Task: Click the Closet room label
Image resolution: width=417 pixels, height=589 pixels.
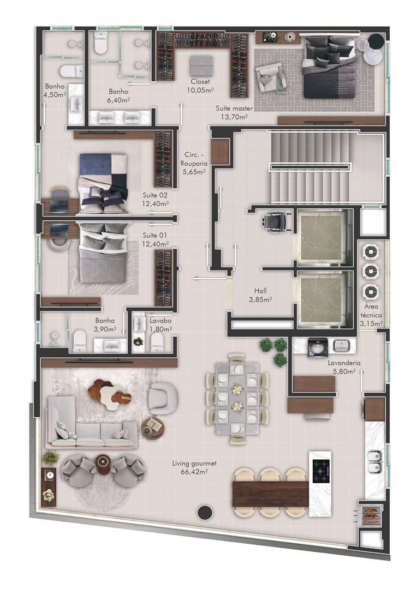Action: (200, 81)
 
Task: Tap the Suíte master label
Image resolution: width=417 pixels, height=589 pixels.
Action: (234, 108)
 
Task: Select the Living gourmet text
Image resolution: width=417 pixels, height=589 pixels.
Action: (194, 464)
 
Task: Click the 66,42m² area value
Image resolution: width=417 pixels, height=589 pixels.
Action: (194, 472)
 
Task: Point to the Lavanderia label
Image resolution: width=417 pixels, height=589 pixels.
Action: (344, 363)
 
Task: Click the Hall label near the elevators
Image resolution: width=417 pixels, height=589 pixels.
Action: (260, 291)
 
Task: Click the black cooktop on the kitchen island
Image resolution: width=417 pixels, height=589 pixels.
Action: (321, 471)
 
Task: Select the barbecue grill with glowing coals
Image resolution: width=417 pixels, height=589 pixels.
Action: (371, 515)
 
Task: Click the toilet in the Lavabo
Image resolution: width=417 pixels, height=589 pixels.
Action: (156, 342)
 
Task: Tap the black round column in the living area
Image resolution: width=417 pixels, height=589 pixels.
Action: (205, 512)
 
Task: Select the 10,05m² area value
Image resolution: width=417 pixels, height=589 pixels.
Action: (200, 90)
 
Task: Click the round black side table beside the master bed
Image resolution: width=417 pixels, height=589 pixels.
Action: (374, 40)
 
